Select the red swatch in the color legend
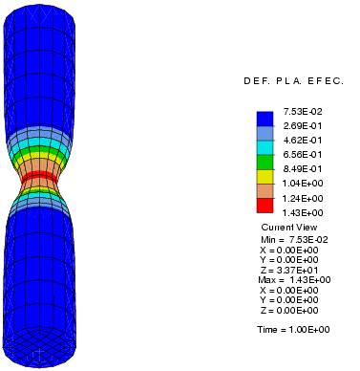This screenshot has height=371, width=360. pyautogui.click(x=265, y=205)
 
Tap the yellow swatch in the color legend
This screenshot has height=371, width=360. pyautogui.click(x=265, y=176)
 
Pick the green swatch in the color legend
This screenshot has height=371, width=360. pyautogui.click(x=265, y=162)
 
